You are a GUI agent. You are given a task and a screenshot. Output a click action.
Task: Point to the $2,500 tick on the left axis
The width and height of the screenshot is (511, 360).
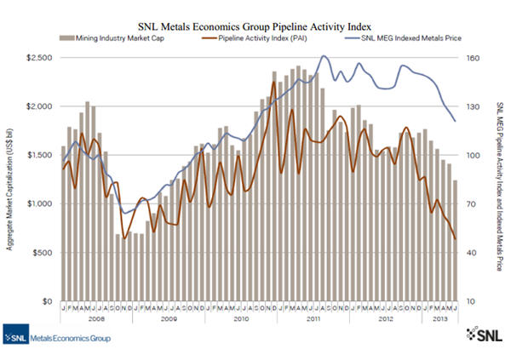pyautogui.click(x=38, y=57)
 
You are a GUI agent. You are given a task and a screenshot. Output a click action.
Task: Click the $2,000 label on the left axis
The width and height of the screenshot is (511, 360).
pyautogui.click(x=38, y=106)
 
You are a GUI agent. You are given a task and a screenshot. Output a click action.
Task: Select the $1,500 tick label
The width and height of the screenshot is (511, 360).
pyautogui.click(x=38, y=155)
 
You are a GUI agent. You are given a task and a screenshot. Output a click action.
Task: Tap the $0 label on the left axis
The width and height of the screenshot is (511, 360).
pyautogui.click(x=48, y=302)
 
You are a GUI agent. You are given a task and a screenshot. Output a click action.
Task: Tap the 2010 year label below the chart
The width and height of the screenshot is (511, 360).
pyautogui.click(x=241, y=318)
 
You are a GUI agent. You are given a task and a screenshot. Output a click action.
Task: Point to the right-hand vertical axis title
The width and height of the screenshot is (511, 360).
pyautogui.click(x=498, y=178)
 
